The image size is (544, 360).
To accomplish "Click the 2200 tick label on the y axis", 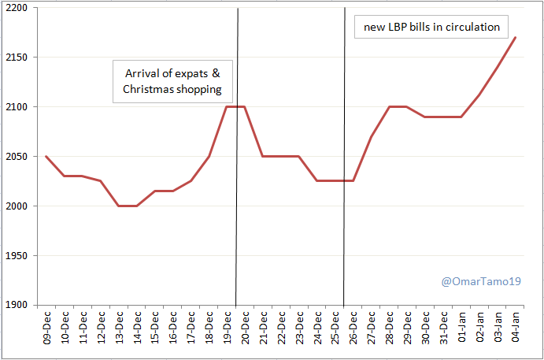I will tap(16, 8).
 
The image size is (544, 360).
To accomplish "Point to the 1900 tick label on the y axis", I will tap(16, 305).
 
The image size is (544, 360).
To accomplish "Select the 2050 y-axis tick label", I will tap(16, 157).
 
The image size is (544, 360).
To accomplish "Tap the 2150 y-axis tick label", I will tap(16, 58).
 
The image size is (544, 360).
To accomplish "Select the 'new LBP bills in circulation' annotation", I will tap(431, 27).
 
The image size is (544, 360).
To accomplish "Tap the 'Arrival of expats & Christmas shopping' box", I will tap(172, 81).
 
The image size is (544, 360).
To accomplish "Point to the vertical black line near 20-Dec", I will tap(237, 197).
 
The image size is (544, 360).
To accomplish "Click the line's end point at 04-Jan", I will tap(516, 37).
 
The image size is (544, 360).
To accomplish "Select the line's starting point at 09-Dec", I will tap(46, 157).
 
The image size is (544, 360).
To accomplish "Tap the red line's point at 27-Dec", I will tap(372, 136).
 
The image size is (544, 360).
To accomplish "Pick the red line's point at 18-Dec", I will tap(209, 157).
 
